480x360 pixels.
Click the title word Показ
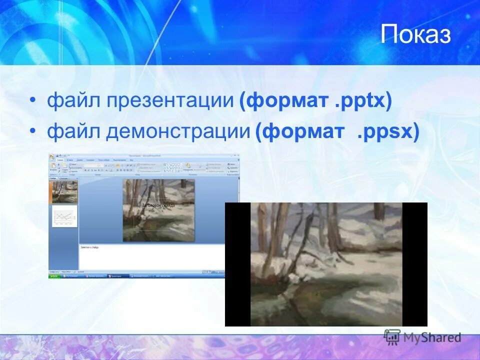tap(415, 35)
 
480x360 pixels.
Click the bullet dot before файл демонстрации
tap(33, 132)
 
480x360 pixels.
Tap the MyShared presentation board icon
tap(392, 336)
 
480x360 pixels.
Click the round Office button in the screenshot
tap(51, 157)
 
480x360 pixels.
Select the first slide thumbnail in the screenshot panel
tap(63, 191)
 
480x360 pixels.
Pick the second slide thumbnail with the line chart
tap(64, 216)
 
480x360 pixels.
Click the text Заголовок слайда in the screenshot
tap(158, 204)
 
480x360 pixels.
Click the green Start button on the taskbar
tap(54, 275)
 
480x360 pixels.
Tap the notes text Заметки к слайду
tap(90, 247)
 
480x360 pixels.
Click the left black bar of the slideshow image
tap(237, 264)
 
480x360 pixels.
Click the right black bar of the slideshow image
tap(414, 264)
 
